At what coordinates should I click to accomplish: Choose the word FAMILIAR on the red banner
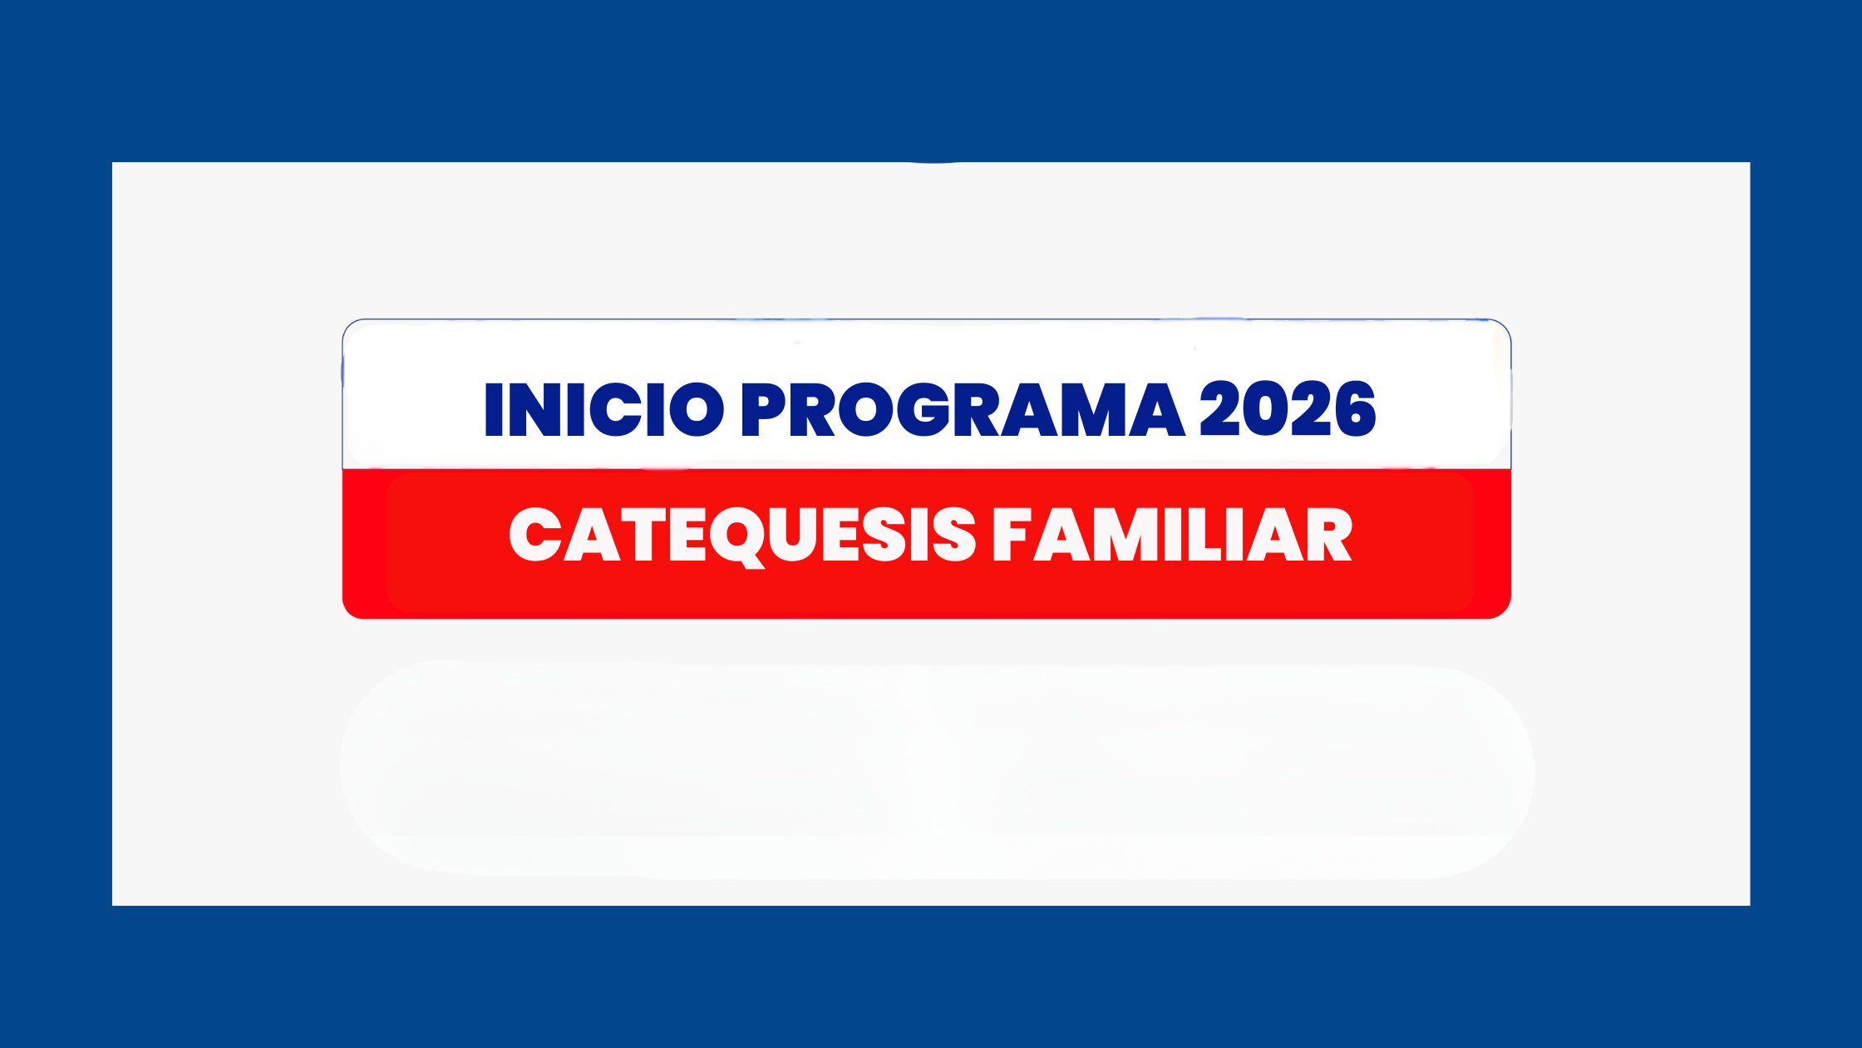click(x=1173, y=535)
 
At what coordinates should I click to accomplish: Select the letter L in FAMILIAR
click(x=1199, y=535)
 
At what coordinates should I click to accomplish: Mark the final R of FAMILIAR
click(x=1328, y=535)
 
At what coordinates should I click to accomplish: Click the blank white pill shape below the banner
click(x=937, y=769)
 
